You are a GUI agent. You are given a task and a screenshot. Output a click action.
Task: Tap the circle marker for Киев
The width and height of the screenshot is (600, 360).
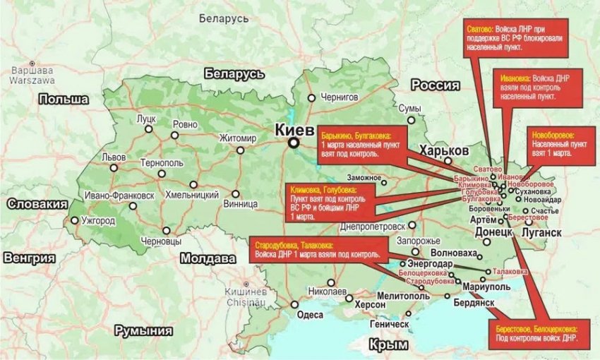point(293,143)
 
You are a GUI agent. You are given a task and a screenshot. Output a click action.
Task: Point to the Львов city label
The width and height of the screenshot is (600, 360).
point(114,156)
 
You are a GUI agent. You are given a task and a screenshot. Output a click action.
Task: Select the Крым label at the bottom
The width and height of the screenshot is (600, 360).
point(388,344)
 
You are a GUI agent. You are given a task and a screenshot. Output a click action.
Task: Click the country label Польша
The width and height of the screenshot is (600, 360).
point(64,100)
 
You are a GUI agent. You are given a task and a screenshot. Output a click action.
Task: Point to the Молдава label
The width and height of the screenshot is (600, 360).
point(208,258)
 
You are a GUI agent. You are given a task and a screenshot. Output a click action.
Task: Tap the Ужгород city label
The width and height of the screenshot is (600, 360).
point(98,221)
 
